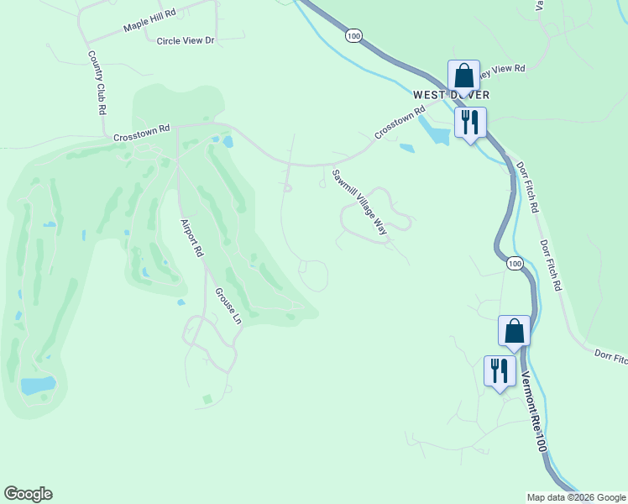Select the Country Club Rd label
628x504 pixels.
[97, 82]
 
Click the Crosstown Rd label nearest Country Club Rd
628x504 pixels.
[142, 133]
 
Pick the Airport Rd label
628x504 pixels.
[192, 238]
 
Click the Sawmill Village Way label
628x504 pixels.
[359, 202]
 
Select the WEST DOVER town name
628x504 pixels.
[452, 95]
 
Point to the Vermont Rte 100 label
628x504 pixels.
[534, 412]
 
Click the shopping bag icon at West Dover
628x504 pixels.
[463, 76]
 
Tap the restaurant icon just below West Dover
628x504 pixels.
[470, 123]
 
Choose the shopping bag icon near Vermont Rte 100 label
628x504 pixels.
[515, 331]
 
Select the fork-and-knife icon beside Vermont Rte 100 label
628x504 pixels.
[500, 370]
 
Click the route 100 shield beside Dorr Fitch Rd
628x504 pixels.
[515, 264]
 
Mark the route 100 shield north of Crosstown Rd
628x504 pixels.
[353, 35]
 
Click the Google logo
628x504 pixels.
[28, 494]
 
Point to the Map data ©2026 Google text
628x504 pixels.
[575, 497]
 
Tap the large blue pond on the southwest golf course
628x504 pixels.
[38, 386]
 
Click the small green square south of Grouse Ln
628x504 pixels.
[207, 399]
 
